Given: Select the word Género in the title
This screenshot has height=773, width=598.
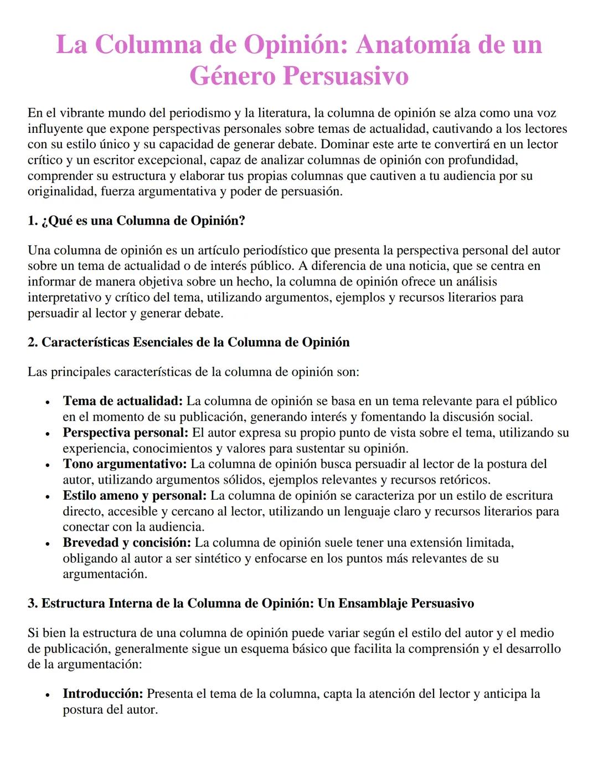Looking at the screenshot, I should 232,76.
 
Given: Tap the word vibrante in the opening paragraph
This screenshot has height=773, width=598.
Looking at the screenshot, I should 83,113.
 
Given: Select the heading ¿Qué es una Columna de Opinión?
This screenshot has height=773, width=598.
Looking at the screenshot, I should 136,221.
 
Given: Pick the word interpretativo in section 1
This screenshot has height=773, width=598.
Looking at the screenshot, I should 63,298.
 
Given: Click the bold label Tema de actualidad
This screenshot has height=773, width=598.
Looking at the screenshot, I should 122,401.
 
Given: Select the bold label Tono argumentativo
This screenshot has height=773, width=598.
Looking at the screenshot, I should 125,464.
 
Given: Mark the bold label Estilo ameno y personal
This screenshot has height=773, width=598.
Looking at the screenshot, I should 135,496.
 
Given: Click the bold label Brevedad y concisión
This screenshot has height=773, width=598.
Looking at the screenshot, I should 127,543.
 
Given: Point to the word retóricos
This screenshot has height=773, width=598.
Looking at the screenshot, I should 464,480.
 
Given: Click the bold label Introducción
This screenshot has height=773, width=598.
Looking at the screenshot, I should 103,694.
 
